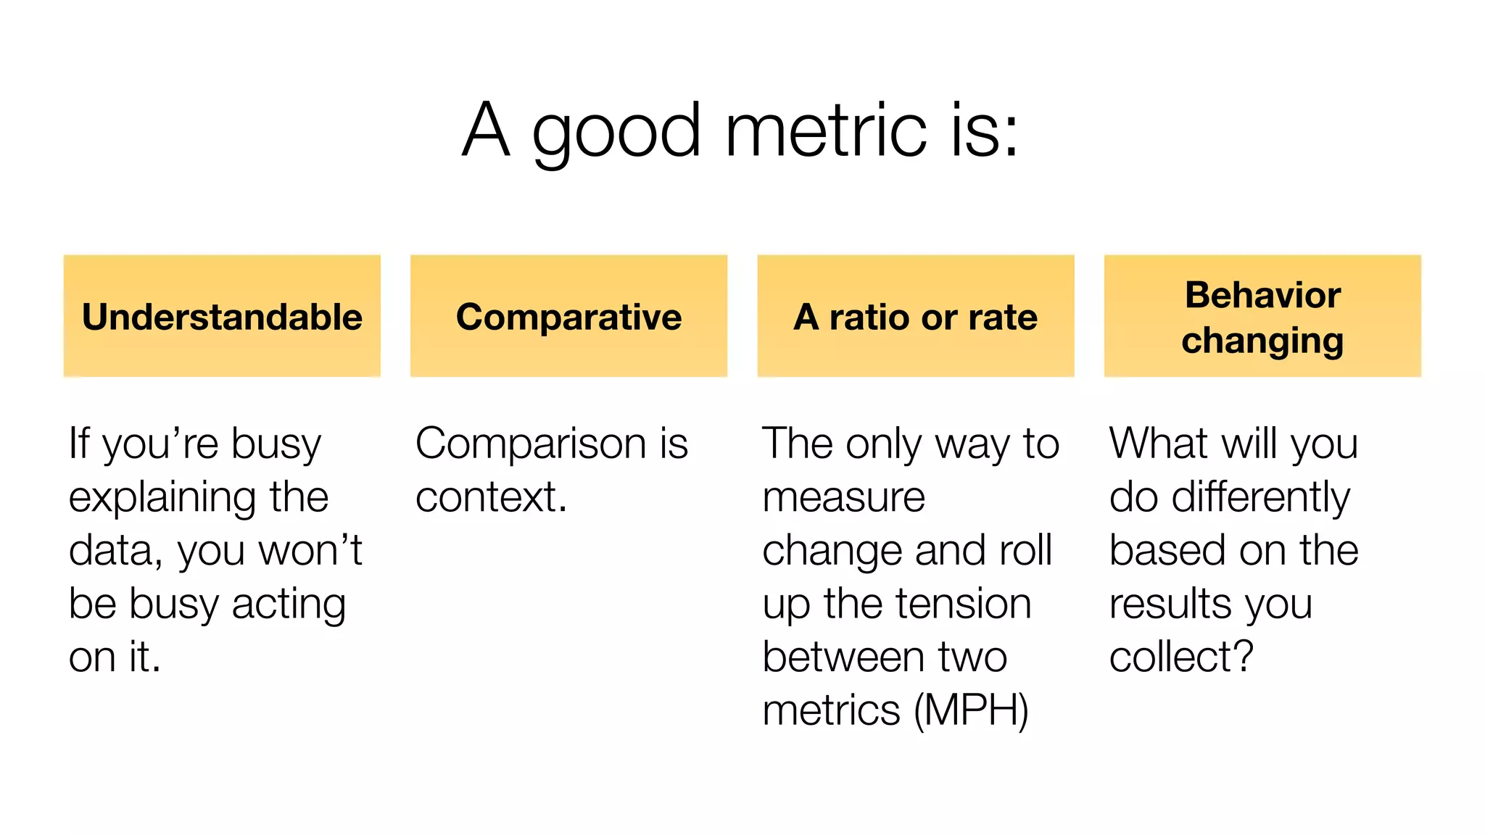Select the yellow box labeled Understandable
coord(222,316)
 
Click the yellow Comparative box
coord(568,316)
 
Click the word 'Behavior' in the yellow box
coord(1262,295)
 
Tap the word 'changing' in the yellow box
coord(1262,341)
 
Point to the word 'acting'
coord(289,605)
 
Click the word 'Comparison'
coord(531,444)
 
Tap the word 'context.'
coord(491,497)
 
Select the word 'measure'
coord(844,497)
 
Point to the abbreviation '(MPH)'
coord(971,710)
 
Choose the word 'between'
coord(843,657)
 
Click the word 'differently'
coord(1260,497)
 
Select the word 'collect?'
coord(1181,657)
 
